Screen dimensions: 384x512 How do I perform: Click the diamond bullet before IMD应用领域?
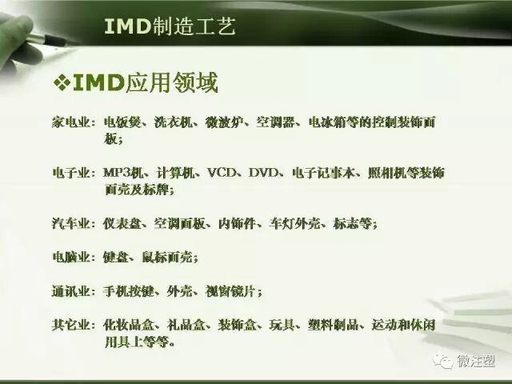tap(62, 83)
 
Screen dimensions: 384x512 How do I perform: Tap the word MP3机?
tap(122, 173)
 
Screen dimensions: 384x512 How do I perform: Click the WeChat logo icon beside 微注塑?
tap(442, 362)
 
